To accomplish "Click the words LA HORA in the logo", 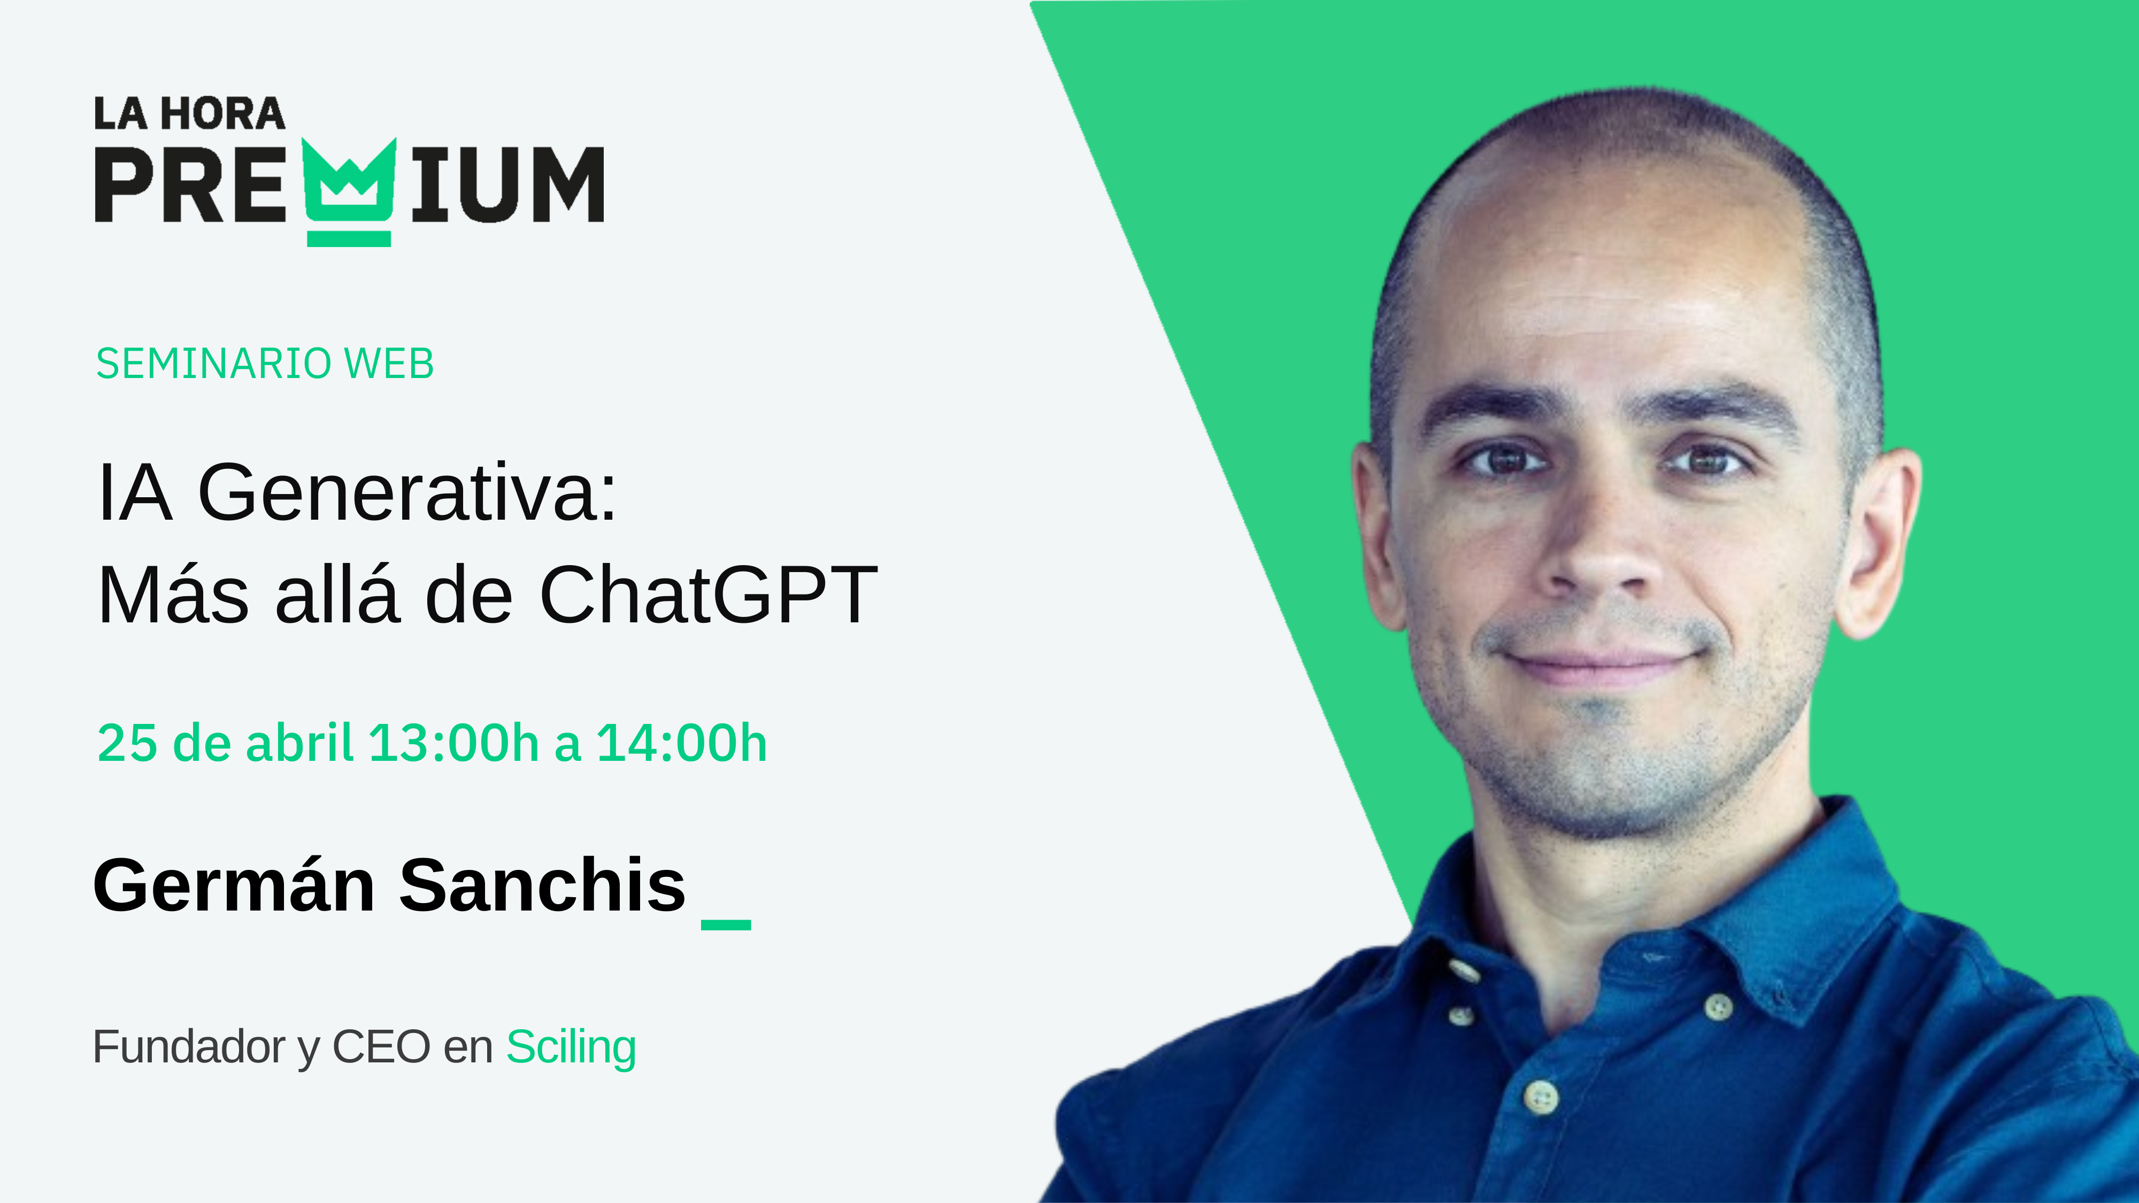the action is tap(189, 114).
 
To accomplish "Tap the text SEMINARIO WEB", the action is tap(265, 364).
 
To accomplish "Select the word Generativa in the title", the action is tap(407, 493).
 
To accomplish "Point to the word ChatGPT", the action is tap(709, 595).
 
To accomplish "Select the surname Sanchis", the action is tap(543, 885).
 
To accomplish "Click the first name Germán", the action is tap(234, 885).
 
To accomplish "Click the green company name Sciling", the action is tap(571, 1047).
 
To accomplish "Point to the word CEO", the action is tap(381, 1047).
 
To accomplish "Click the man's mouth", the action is tap(1598, 664).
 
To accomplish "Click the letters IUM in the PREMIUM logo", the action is tap(506, 184).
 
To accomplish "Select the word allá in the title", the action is tap(337, 595).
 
